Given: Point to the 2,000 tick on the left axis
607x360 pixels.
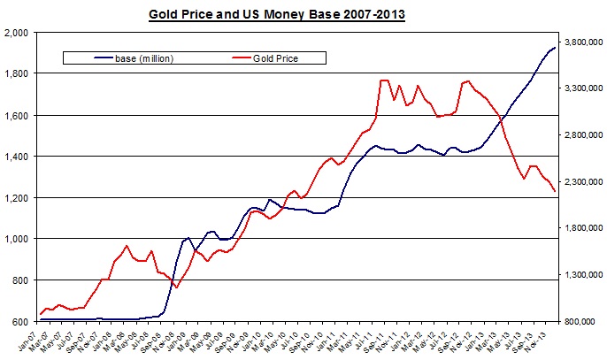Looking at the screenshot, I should click(x=17, y=32).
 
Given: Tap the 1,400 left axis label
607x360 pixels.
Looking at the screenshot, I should click(x=17, y=157).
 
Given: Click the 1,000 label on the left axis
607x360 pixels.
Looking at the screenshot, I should click(x=17, y=239).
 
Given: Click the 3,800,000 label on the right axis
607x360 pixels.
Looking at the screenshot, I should click(x=583, y=42).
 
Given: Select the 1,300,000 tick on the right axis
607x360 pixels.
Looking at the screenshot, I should click(x=583, y=275).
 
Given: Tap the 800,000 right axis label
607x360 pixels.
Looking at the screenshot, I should click(x=586, y=321).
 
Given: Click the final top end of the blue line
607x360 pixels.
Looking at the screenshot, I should click(x=555, y=48).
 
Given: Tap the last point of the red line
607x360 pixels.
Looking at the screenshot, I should click(x=555, y=191).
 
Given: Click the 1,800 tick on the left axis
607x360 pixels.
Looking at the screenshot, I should click(x=17, y=73).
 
